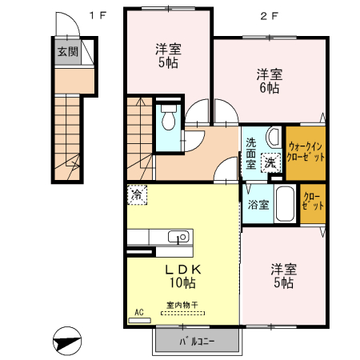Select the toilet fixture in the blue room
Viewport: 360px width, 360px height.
tap(169, 121)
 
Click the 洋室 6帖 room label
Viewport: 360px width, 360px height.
tap(268, 82)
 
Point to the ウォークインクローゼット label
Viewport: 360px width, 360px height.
tap(306, 152)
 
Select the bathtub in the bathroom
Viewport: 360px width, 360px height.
tap(284, 199)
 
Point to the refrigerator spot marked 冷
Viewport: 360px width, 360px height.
tap(137, 194)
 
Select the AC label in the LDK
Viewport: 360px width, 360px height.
tap(138, 313)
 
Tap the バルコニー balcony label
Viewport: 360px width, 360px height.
tap(195, 342)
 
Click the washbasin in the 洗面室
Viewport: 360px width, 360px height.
tap(273, 135)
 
